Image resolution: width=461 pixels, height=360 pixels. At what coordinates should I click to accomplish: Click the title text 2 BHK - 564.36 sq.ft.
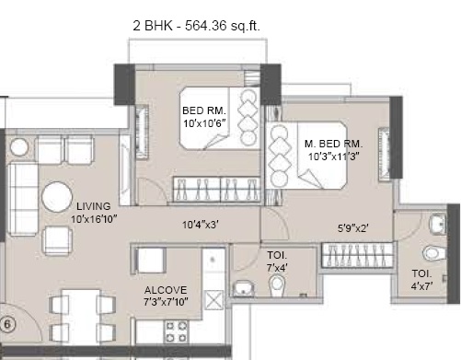point(198,27)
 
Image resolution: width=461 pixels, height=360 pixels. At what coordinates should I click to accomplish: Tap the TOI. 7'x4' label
point(277,261)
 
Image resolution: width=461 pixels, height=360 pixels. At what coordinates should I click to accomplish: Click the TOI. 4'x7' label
point(422,278)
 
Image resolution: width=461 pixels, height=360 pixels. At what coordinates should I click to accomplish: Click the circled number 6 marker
point(6,323)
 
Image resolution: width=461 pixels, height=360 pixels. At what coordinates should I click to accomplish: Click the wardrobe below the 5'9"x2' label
point(356,255)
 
